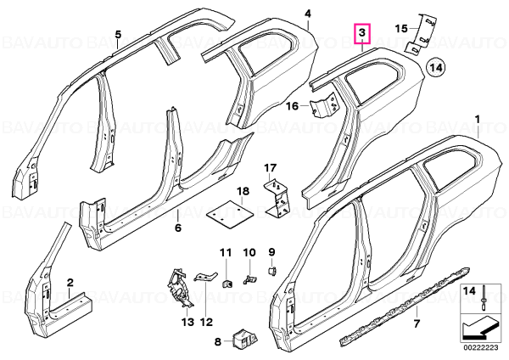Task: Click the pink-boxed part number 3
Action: tap(362, 33)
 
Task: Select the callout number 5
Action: tap(118, 35)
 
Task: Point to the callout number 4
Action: tap(308, 14)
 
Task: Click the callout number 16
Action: tap(293, 106)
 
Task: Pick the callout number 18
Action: tap(243, 191)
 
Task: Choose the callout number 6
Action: tap(178, 228)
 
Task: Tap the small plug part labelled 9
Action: tap(272, 271)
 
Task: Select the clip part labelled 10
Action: tap(249, 278)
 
